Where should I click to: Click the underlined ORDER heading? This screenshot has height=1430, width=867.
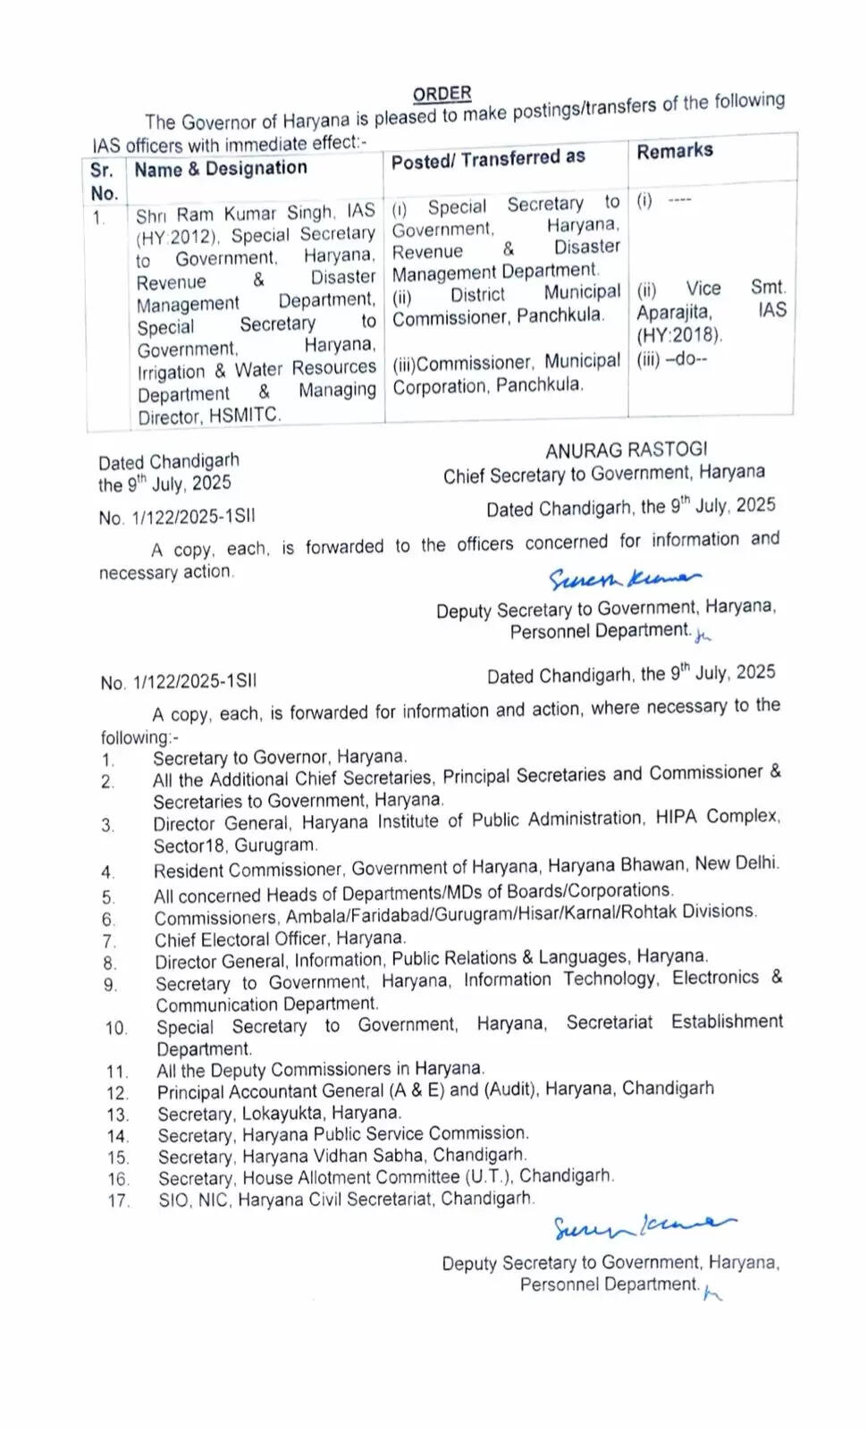(442, 93)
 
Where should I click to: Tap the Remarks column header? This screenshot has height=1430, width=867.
(675, 151)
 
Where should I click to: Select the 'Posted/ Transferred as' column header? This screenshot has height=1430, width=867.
(488, 159)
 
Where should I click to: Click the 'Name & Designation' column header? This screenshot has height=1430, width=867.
(220, 168)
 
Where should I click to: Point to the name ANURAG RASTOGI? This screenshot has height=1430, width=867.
(627, 450)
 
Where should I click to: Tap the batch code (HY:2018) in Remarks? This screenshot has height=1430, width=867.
(679, 335)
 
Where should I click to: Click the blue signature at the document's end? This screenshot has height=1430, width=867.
(644, 1228)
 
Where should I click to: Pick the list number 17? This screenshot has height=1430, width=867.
(119, 1201)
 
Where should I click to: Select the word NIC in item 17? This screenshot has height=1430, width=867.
(213, 1200)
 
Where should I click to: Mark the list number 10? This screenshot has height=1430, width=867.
(116, 1029)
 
